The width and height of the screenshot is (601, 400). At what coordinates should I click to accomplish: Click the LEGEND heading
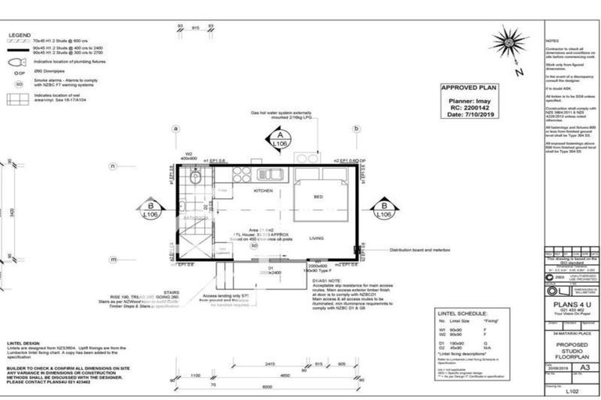click(20, 36)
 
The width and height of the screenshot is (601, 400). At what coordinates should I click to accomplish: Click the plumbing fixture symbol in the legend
click(17, 59)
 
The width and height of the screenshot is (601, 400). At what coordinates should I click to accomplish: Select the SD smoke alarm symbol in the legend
click(16, 82)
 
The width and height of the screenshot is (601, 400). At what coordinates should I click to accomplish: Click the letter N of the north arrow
click(519, 73)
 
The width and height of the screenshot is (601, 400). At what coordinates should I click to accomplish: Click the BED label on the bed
click(318, 198)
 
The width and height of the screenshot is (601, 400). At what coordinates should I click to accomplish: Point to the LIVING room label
click(317, 238)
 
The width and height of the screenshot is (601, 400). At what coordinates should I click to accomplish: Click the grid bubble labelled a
click(176, 129)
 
